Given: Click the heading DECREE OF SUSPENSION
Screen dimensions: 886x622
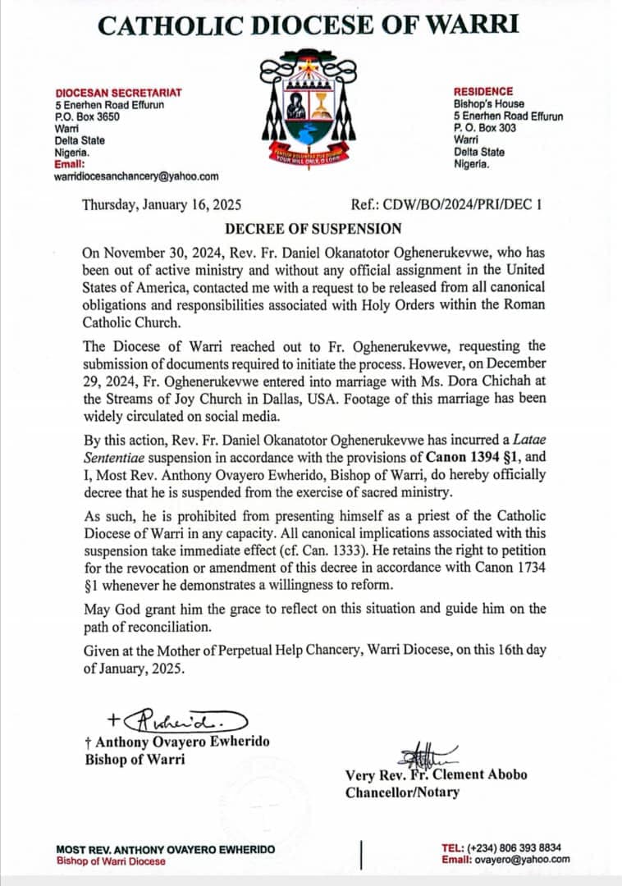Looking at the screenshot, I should [314, 228].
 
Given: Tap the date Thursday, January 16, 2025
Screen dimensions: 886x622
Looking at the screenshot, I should [162, 206].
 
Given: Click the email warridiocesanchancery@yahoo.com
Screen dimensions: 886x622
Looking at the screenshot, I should [137, 176].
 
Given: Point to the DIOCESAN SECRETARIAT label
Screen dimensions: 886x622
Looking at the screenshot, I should [119, 93].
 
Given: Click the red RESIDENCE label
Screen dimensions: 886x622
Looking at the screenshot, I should [483, 92].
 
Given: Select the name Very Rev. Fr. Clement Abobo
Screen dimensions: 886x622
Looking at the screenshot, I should [436, 774].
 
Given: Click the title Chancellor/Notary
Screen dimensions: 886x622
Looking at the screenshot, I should [402, 792].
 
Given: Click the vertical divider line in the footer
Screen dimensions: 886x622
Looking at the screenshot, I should [362, 853].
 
